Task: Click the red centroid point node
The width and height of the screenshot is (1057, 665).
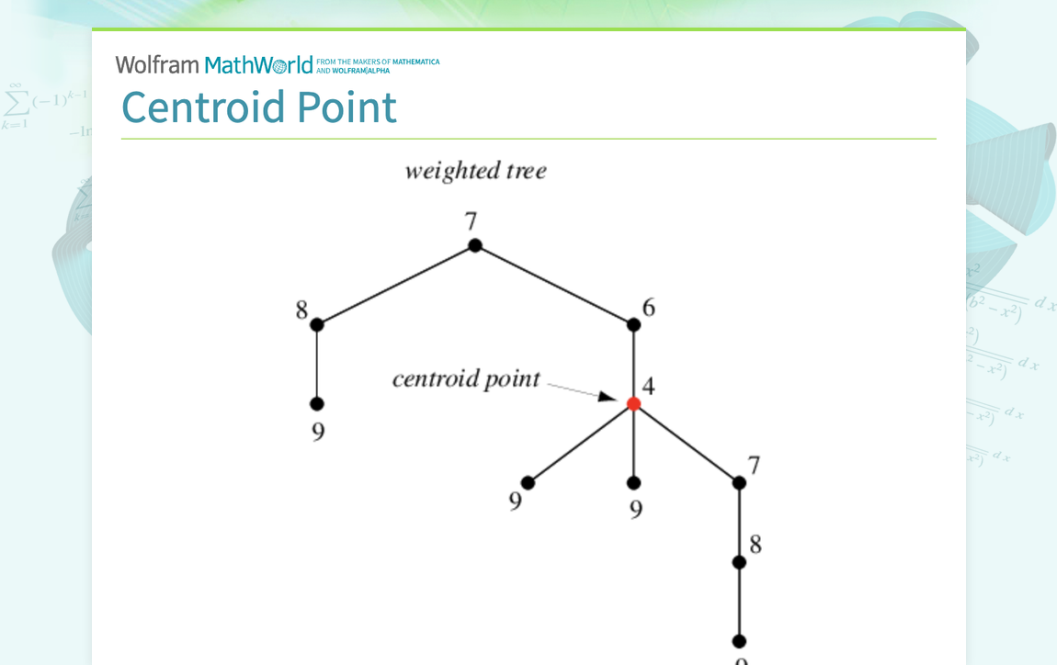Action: [633, 403]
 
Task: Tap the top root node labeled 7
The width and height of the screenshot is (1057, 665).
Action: [475, 245]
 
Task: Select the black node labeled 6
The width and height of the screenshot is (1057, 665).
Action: [633, 324]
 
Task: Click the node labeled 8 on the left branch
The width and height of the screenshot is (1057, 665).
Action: [317, 324]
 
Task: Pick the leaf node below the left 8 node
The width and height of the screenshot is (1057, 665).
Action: [317, 403]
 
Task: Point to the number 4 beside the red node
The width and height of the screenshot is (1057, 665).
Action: [648, 387]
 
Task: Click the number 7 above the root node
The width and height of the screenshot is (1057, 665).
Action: [471, 221]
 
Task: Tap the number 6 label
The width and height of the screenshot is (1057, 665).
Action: [649, 308]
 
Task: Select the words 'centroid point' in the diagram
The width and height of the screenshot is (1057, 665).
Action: [466, 378]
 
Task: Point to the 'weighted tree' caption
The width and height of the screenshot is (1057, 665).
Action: [475, 171]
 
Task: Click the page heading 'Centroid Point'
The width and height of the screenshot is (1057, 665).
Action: [259, 107]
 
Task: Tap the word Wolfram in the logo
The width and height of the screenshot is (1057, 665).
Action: [157, 65]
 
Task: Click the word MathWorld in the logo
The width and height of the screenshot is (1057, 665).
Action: [258, 65]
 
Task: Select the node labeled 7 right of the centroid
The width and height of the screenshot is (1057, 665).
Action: [739, 482]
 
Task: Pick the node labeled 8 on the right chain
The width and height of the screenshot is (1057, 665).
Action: [739, 562]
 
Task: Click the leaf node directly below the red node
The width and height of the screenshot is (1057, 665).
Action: [633, 482]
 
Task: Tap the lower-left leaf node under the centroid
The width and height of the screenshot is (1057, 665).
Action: [528, 482]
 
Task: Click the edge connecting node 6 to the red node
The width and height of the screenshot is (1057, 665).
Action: [633, 364]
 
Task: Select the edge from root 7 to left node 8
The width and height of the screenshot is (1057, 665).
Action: [396, 285]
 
